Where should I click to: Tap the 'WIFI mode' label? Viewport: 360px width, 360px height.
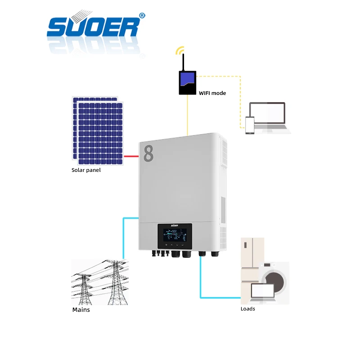(212, 93)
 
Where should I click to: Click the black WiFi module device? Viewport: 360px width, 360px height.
(188, 82)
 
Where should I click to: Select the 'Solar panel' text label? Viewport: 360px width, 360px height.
(86, 170)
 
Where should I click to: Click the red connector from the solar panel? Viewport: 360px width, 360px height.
(131, 156)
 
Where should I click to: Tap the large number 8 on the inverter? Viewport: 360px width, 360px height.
(148, 153)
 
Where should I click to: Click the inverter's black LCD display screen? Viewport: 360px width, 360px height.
(175, 236)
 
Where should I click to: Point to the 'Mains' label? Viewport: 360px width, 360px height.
(81, 310)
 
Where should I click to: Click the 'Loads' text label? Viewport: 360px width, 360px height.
(247, 309)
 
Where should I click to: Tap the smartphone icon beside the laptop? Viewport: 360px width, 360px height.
(250, 125)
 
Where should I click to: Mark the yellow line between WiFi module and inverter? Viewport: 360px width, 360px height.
(187, 115)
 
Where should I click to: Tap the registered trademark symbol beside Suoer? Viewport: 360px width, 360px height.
(142, 15)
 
